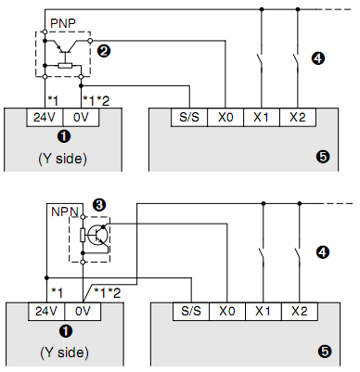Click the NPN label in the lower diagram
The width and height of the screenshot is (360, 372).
coord(60,212)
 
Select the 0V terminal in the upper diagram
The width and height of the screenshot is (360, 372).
coord(81,118)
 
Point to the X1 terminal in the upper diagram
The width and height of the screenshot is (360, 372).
coord(263,118)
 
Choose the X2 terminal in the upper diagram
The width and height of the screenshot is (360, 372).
coord(297,118)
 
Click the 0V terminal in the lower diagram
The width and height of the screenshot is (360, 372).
coord(81,312)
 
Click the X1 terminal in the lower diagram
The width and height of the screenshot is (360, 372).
coord(263,312)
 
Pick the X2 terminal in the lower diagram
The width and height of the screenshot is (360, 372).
coord(297,312)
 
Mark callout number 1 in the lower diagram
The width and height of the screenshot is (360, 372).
coord(62,331)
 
